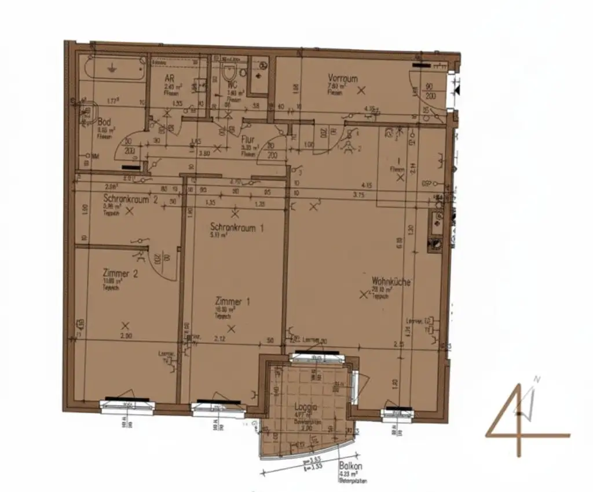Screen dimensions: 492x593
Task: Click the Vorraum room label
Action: click(343, 78)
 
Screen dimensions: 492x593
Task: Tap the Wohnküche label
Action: click(391, 282)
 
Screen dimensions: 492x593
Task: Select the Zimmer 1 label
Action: click(232, 301)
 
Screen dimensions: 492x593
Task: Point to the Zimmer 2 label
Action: click(120, 274)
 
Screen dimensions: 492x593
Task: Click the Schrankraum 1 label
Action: click(237, 228)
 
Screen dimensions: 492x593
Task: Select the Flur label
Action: click(247, 140)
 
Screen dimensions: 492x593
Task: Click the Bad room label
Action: click(104, 122)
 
